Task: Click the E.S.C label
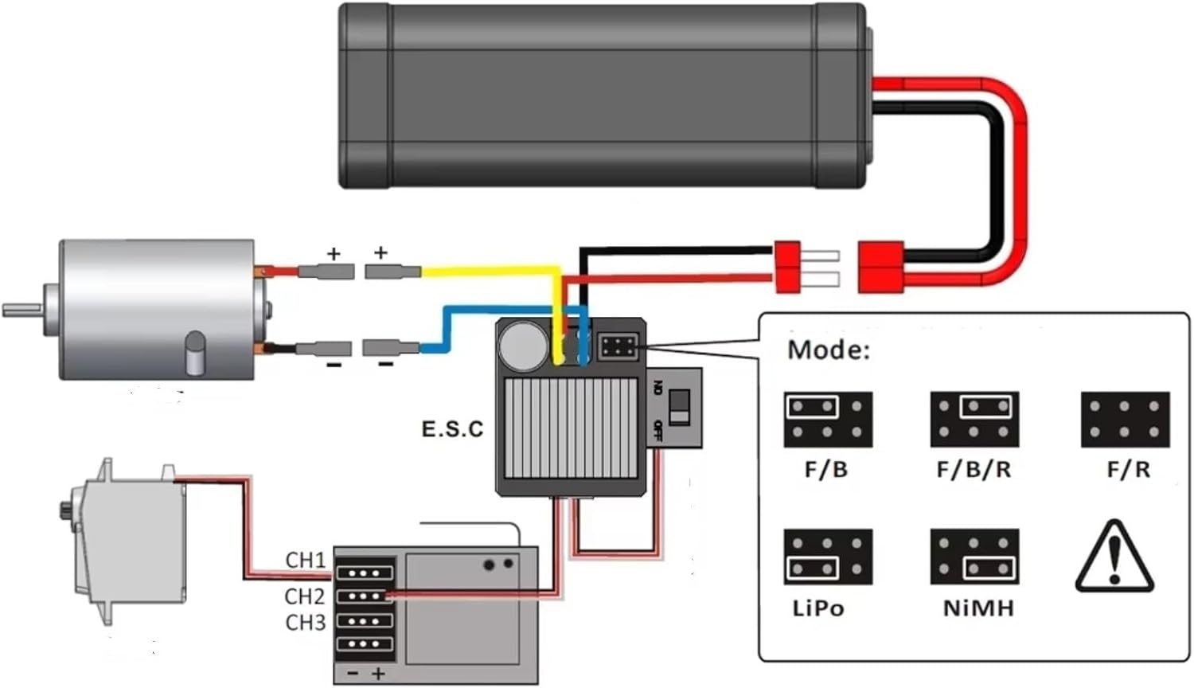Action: (x=452, y=429)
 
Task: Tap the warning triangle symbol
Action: (x=1114, y=557)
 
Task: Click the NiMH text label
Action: (x=978, y=608)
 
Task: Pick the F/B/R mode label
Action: (x=974, y=470)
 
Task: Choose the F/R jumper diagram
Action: (x=1125, y=419)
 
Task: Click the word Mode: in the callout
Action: (x=829, y=350)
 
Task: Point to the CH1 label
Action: (x=306, y=561)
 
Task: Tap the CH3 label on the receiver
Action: (x=306, y=622)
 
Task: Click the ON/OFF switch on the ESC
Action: (x=679, y=408)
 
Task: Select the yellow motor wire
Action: (x=494, y=272)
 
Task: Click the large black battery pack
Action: (x=603, y=96)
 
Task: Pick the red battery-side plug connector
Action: (x=880, y=267)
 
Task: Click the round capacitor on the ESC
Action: (x=522, y=346)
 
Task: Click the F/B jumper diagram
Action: (x=828, y=419)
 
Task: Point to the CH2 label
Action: (x=305, y=596)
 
